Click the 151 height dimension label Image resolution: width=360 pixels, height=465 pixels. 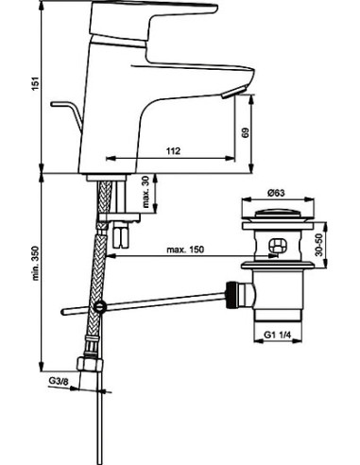click(x=36, y=83)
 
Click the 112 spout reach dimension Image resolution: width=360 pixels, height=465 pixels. click(x=173, y=151)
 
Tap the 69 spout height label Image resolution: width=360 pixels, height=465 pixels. click(x=246, y=132)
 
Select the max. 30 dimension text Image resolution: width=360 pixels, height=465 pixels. click(x=145, y=192)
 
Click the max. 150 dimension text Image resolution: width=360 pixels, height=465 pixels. click(x=185, y=250)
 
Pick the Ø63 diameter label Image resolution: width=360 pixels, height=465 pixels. click(x=276, y=193)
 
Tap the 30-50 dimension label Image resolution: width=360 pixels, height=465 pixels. click(x=319, y=245)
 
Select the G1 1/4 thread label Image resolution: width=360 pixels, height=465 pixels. click(x=277, y=336)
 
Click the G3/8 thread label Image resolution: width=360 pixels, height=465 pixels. click(x=59, y=381)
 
